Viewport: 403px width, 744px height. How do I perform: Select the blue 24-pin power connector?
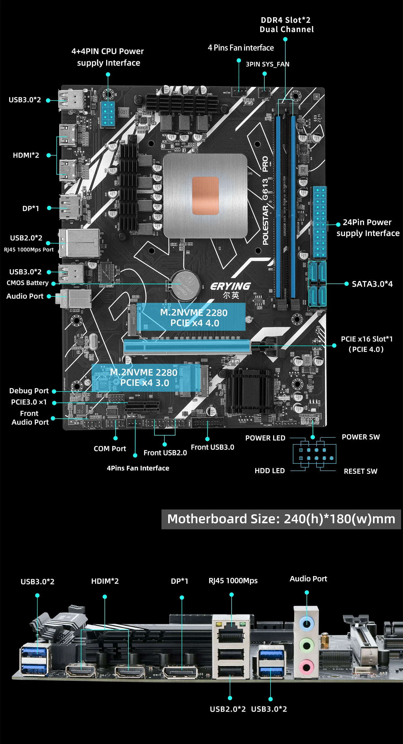pyautogui.click(x=320, y=222)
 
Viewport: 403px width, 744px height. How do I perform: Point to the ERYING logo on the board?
pyautogui.click(x=230, y=286)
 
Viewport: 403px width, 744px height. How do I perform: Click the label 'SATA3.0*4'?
pyautogui.click(x=372, y=284)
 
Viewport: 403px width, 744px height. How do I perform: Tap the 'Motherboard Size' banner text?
pyautogui.click(x=281, y=519)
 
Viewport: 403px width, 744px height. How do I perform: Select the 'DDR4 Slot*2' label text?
pyautogui.click(x=285, y=20)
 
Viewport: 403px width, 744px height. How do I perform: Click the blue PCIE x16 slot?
pyautogui.click(x=187, y=347)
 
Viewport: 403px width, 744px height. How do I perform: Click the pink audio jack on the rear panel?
pyautogui.click(x=306, y=668)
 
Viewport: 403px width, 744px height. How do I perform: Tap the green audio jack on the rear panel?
pyautogui.click(x=306, y=646)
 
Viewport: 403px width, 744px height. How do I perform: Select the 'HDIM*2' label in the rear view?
pyautogui.click(x=105, y=581)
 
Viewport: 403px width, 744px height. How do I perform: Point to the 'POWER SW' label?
pyautogui.click(x=361, y=437)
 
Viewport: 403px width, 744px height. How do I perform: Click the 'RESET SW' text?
pyautogui.click(x=360, y=471)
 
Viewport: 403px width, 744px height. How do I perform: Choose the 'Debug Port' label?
pyautogui.click(x=29, y=391)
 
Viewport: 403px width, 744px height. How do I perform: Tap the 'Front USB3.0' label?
pyautogui.click(x=212, y=447)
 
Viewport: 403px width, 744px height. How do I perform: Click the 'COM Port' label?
pyautogui.click(x=110, y=448)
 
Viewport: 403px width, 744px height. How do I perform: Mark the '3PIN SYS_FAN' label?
pyautogui.click(x=267, y=64)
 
